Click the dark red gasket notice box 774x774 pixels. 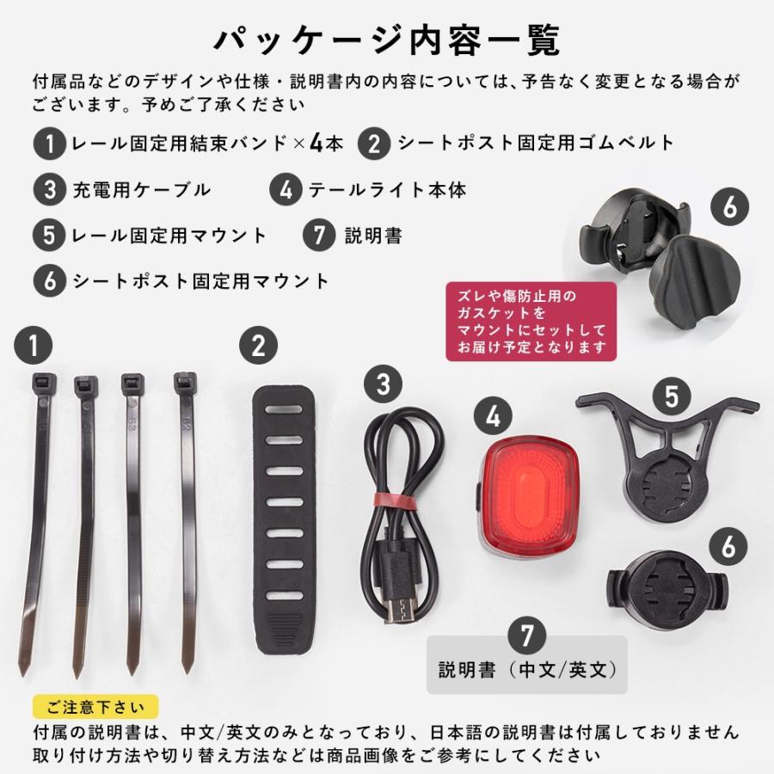(x=531, y=322)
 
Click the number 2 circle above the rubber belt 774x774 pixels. (x=259, y=347)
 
